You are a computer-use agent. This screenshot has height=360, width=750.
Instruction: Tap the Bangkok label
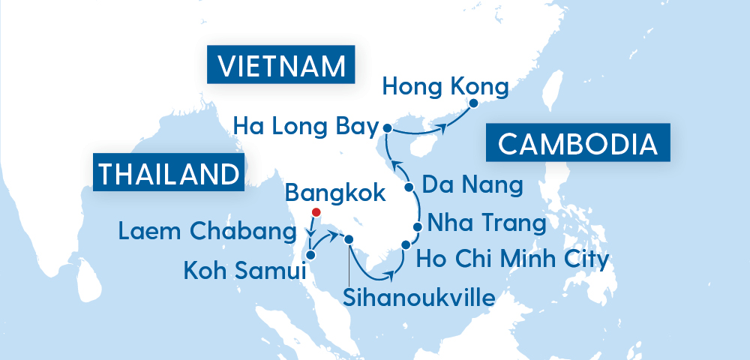(x=336, y=193)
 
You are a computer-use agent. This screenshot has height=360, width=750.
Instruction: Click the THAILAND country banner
(x=169, y=172)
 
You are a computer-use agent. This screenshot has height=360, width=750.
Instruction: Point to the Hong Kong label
(x=445, y=86)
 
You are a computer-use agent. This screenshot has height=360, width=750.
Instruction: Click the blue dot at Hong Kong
(x=473, y=106)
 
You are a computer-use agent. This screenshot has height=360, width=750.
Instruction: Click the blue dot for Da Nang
(x=409, y=187)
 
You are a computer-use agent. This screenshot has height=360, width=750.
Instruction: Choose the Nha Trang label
(x=486, y=223)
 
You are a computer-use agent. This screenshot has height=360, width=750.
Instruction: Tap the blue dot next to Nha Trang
(x=418, y=226)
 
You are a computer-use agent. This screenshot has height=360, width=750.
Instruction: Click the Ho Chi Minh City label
(x=512, y=259)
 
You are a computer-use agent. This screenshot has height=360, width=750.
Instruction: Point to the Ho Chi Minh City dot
(x=406, y=244)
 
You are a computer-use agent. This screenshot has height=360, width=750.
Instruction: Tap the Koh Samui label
(x=244, y=269)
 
